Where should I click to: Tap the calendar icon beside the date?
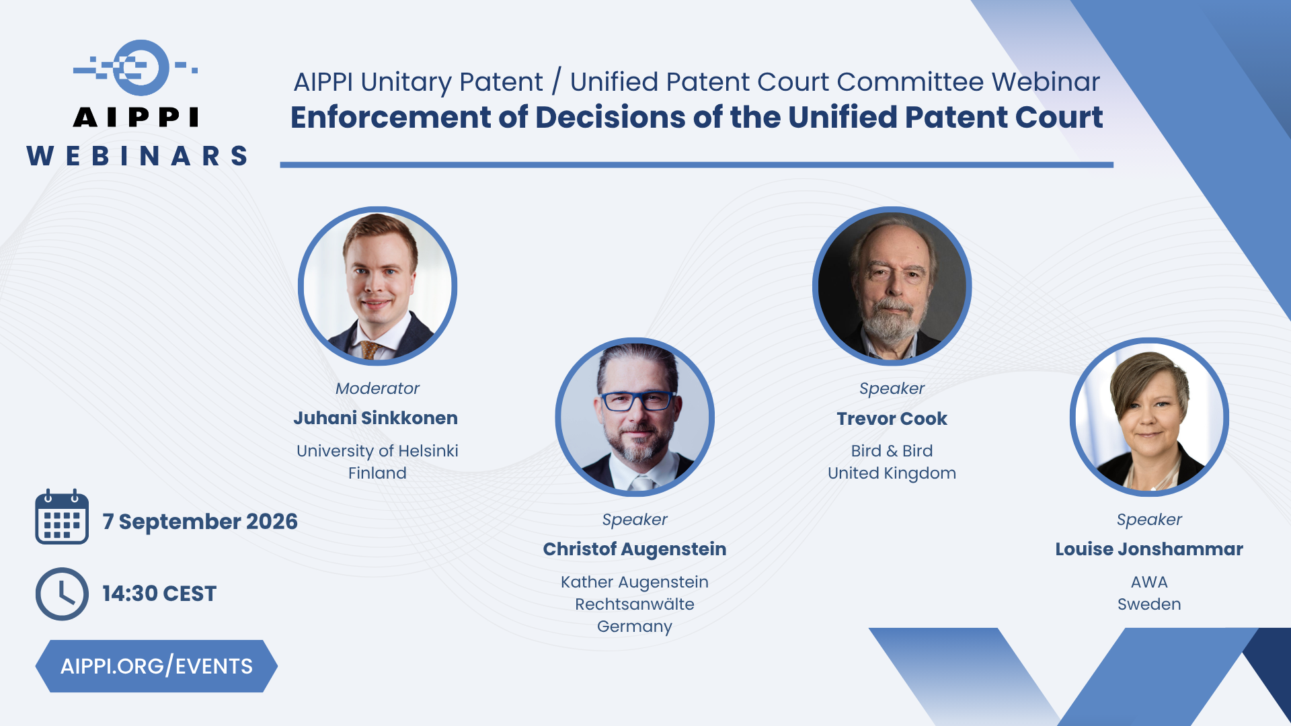coord(62,516)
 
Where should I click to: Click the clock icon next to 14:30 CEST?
coord(62,594)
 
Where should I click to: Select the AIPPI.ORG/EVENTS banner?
coord(156,665)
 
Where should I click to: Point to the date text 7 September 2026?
coord(200,522)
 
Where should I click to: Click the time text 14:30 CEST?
coord(159,594)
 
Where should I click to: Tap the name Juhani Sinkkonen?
coord(375,418)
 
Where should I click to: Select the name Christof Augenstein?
coord(635,549)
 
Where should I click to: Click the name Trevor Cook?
coord(892,419)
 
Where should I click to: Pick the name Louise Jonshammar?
coord(1149,549)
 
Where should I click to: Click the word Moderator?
coord(377,389)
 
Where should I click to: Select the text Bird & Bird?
coord(892,451)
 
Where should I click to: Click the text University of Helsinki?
coord(377,451)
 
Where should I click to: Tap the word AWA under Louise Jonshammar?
coord(1149,582)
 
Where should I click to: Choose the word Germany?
coord(635,627)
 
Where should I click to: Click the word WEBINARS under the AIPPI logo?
coord(137,156)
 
